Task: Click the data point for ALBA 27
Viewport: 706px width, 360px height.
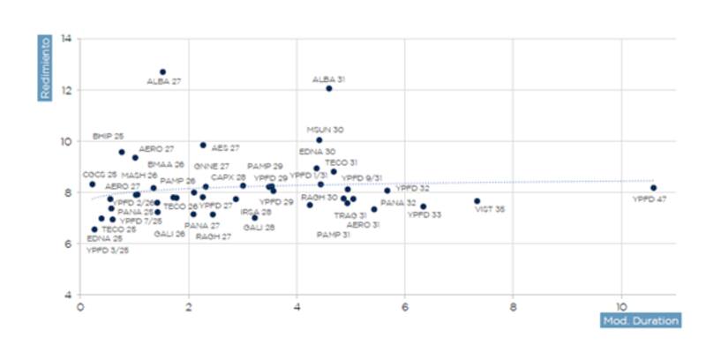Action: pyautogui.click(x=163, y=72)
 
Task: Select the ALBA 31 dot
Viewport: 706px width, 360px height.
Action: pyautogui.click(x=329, y=88)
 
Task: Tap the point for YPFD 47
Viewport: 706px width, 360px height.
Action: pyautogui.click(x=653, y=188)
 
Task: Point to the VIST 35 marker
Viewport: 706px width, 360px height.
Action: pyautogui.click(x=477, y=201)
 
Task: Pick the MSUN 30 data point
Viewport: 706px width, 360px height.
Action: pyautogui.click(x=319, y=140)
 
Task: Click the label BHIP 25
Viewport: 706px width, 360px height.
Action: pyautogui.click(x=109, y=137)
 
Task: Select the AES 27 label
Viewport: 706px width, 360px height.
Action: pyautogui.click(x=225, y=148)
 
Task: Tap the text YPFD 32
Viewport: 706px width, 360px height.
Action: pyautogui.click(x=412, y=189)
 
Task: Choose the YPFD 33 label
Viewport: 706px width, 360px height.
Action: pyautogui.click(x=424, y=214)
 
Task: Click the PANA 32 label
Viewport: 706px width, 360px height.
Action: pyautogui.click(x=398, y=203)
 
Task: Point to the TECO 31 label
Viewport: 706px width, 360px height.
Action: pyautogui.click(x=342, y=162)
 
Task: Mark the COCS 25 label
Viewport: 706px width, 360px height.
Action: pyautogui.click(x=100, y=175)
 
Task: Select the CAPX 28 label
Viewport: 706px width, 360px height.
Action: pyautogui.click(x=229, y=177)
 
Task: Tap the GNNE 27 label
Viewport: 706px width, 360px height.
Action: pyautogui.click(x=212, y=166)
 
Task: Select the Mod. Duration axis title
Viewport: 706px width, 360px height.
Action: pyautogui.click(x=641, y=321)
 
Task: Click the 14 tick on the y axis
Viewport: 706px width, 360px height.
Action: pyautogui.click(x=67, y=39)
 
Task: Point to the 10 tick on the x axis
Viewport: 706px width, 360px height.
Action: pyautogui.click(x=620, y=308)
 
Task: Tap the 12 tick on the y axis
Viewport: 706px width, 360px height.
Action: pyautogui.click(x=67, y=90)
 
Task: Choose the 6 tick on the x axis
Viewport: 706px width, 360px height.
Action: pyautogui.click(x=404, y=308)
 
